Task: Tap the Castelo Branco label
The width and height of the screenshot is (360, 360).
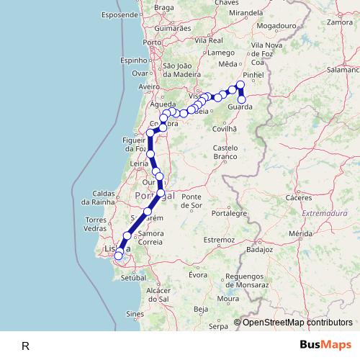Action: (225, 152)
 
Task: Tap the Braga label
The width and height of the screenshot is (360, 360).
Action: (164, 8)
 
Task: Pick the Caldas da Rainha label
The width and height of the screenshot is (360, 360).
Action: (109, 199)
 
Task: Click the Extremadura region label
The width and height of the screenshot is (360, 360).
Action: (323, 214)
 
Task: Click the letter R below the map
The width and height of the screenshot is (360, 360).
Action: (25, 346)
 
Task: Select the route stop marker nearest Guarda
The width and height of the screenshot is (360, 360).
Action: (242, 99)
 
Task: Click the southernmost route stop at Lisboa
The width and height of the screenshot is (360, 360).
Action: (118, 256)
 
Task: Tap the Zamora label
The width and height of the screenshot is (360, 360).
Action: (339, 22)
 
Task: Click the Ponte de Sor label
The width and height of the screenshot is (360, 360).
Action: (192, 201)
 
